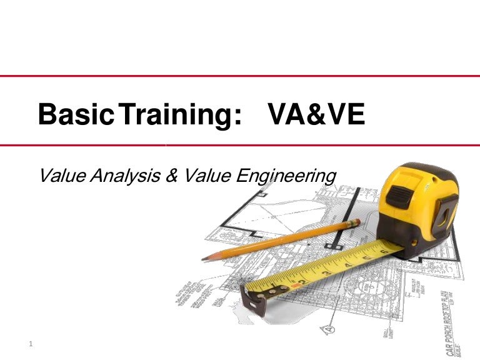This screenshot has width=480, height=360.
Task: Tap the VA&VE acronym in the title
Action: pos(316,115)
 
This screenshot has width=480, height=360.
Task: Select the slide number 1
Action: pos(31,344)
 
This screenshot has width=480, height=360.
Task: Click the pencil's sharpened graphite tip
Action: pos(205,257)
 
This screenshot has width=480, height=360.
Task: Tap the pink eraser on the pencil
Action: pos(354,222)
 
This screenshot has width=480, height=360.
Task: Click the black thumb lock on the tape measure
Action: pos(399,194)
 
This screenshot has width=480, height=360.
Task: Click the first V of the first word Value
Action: pos(44,176)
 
